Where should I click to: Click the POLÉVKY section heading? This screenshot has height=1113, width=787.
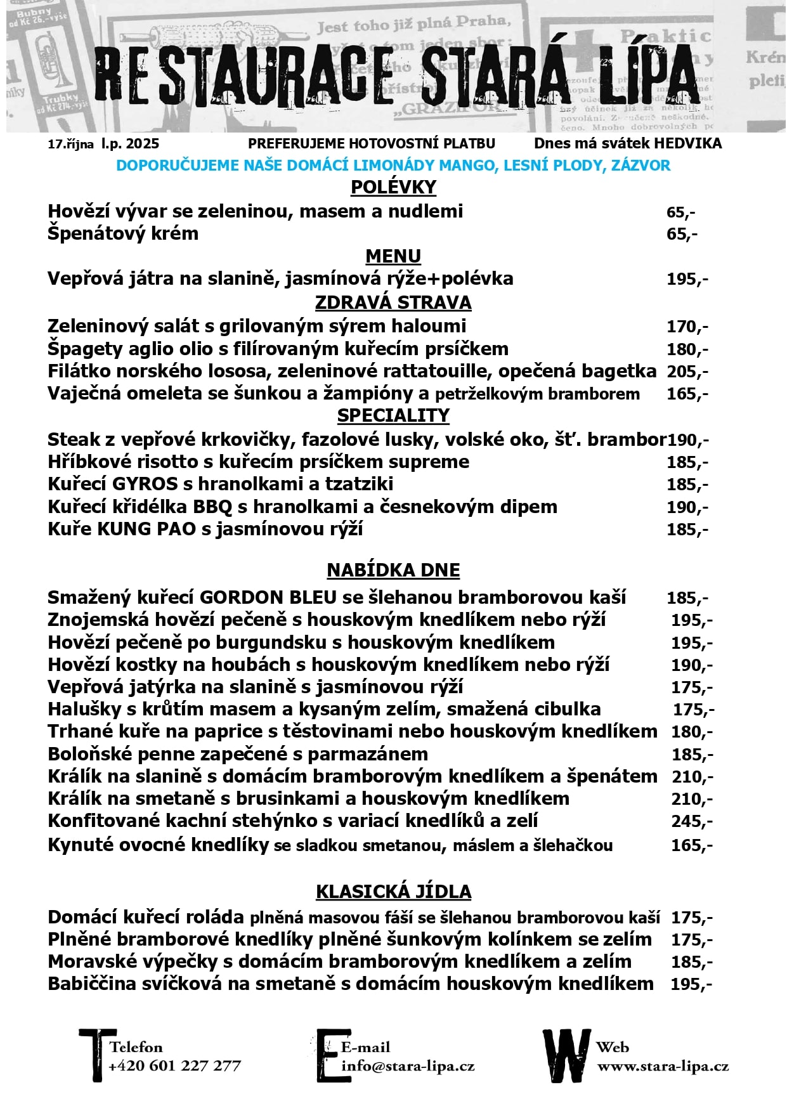tap(393, 187)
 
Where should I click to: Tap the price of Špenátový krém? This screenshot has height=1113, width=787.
tap(682, 234)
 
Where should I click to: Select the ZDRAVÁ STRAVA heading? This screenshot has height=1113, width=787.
tap(393, 303)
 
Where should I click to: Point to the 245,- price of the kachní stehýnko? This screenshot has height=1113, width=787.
tap(692, 821)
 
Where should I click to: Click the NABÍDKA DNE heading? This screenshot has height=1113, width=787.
tap(393, 570)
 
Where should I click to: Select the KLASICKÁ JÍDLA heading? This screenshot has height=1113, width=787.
tap(393, 892)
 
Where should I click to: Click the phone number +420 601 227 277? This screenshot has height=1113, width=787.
tap(174, 1065)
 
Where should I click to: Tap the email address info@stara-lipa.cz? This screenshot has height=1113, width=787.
tap(408, 1065)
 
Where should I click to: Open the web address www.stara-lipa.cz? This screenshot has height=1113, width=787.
tap(663, 1065)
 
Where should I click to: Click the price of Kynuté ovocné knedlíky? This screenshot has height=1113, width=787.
tap(692, 845)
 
